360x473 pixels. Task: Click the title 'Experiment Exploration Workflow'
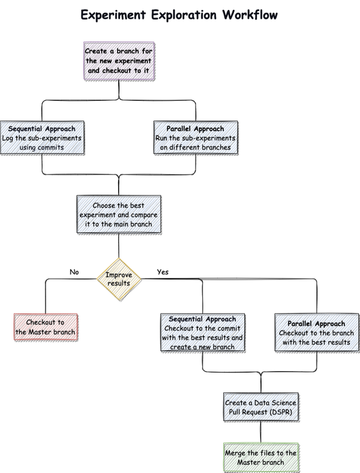(179, 14)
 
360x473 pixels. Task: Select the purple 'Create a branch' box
(120, 61)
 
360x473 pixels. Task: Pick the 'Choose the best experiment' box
(119, 215)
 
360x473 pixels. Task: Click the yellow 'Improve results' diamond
(119, 279)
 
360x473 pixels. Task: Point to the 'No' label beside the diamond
(74, 272)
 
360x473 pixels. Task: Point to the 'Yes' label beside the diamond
(163, 272)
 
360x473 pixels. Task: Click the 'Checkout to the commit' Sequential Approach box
(202, 333)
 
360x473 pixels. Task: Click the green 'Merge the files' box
(260, 457)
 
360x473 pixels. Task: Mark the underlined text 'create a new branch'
(202, 347)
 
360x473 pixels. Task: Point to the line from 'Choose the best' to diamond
(119, 246)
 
